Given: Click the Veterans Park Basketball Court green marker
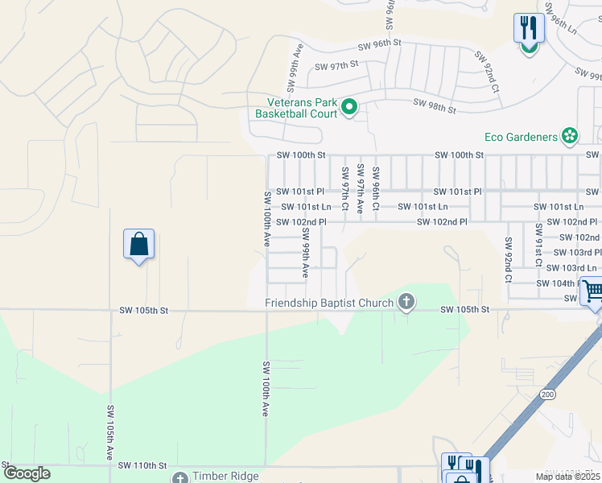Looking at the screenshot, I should (349, 107).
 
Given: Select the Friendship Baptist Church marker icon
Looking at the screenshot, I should (406, 303).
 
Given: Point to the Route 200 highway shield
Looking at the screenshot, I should (548, 394).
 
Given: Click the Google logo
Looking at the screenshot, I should (27, 473).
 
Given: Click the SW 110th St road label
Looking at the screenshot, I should (142, 465).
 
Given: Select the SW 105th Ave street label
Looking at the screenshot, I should (110, 432).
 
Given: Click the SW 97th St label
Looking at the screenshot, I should (338, 67).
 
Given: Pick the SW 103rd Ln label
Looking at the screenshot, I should (571, 267).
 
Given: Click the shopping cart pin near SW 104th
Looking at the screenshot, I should (592, 291).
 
